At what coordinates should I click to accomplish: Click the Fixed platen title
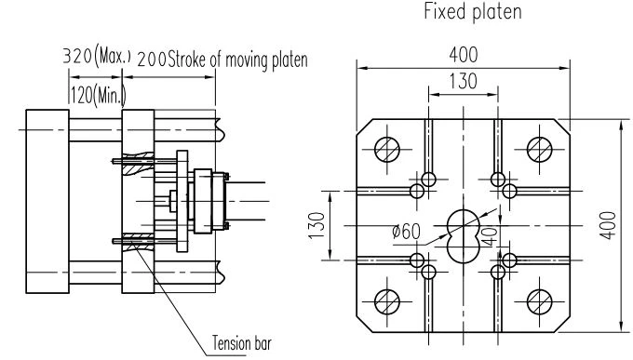tap(473, 11)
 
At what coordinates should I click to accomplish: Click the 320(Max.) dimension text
tap(97, 56)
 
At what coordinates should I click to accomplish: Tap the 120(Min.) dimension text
tap(98, 95)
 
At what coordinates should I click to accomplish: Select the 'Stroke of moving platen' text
tap(237, 60)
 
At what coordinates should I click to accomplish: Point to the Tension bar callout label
tap(242, 343)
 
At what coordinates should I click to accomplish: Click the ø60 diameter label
tap(406, 232)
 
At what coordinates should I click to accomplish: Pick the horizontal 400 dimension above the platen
tap(464, 55)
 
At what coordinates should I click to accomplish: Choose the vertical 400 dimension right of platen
tap(608, 225)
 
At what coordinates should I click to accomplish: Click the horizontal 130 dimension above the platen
tap(464, 81)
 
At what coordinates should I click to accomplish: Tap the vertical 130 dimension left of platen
tap(316, 225)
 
